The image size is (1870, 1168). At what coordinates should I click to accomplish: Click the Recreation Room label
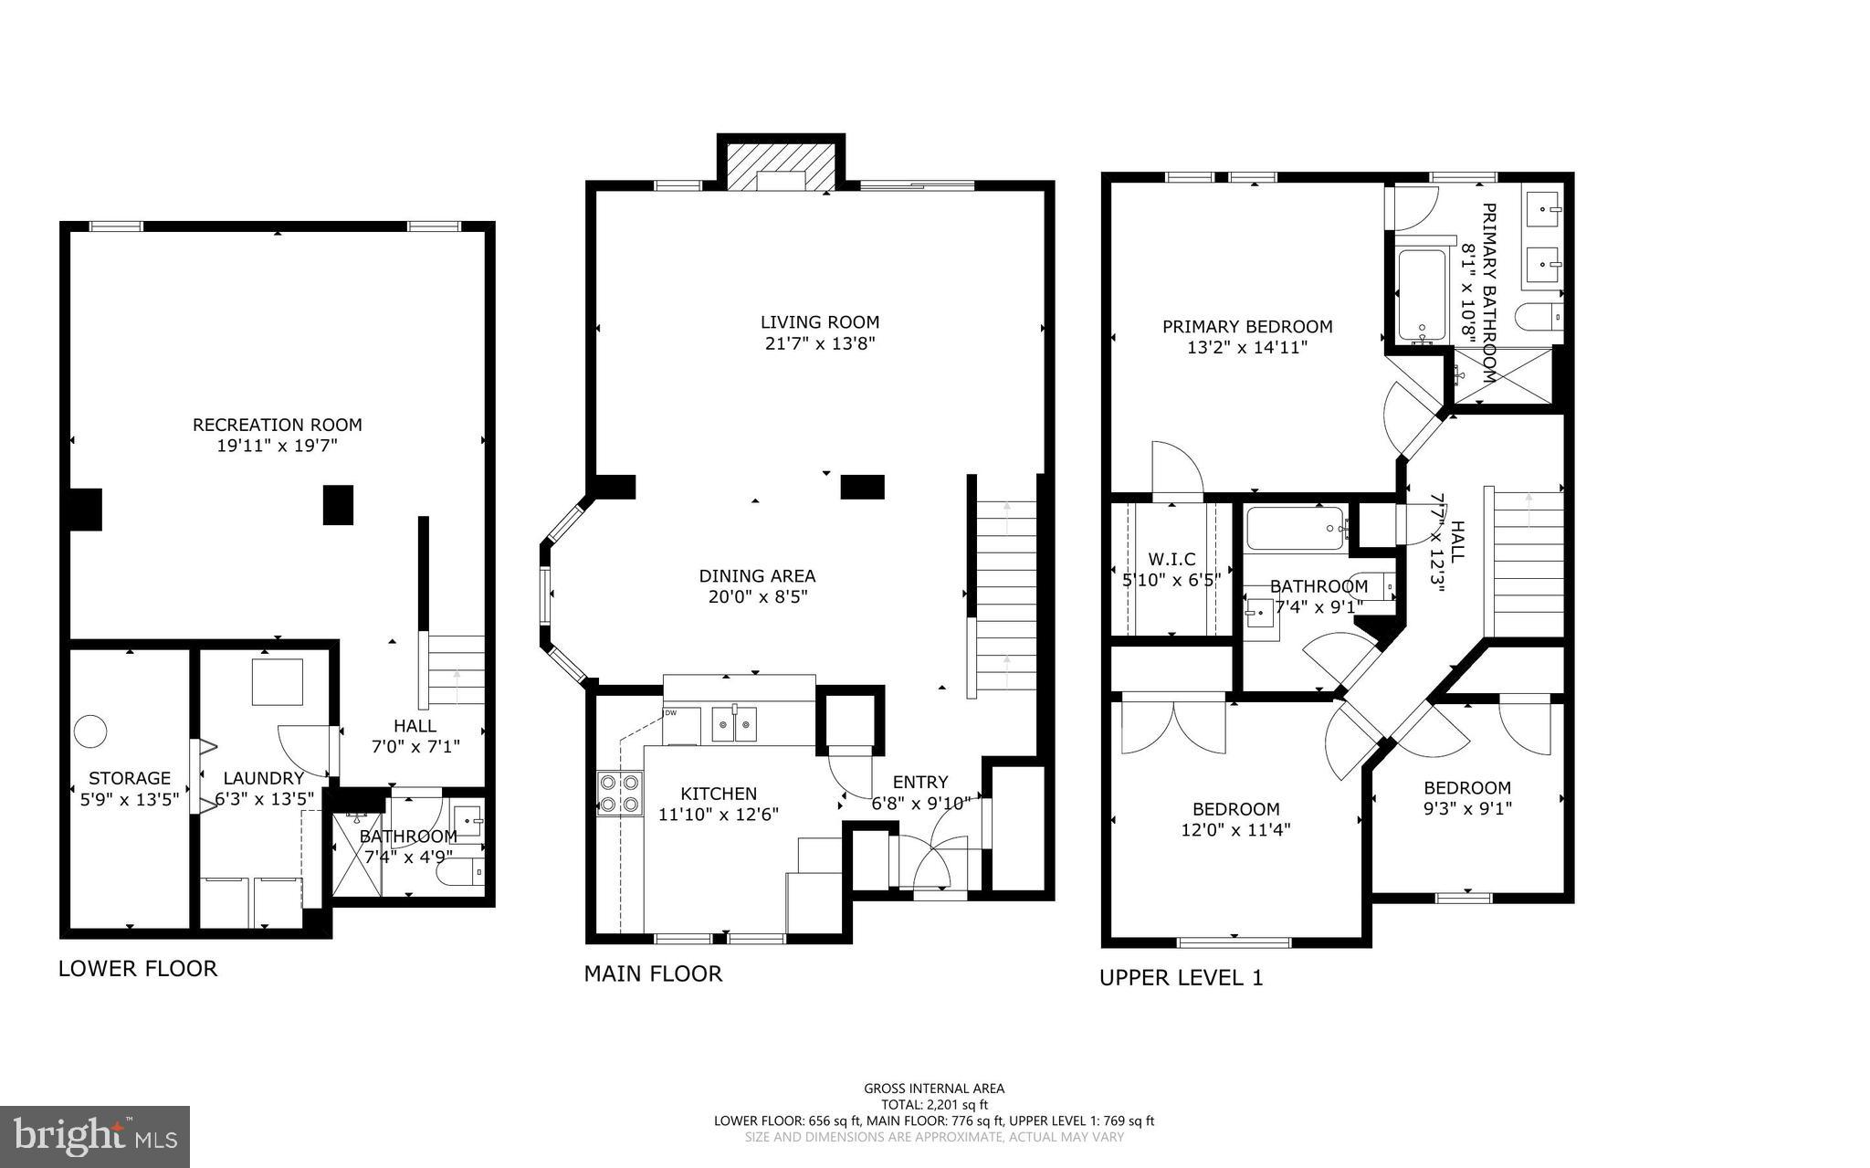(x=277, y=425)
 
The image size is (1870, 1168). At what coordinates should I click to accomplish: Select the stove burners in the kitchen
(x=618, y=793)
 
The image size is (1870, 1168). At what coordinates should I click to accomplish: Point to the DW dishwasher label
(x=670, y=713)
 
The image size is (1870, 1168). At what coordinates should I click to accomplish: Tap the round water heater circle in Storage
(x=90, y=731)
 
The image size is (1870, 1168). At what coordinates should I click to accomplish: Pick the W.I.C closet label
(x=1171, y=559)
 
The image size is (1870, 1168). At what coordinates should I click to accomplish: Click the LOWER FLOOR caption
(x=138, y=969)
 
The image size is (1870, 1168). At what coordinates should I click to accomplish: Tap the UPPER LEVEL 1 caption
(x=1181, y=978)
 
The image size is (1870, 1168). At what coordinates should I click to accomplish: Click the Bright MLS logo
(x=95, y=1136)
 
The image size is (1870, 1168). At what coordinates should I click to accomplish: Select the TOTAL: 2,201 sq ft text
(x=934, y=1104)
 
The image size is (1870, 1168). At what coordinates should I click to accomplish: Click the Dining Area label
(x=757, y=576)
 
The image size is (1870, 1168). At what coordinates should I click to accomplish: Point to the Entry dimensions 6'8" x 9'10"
(x=920, y=804)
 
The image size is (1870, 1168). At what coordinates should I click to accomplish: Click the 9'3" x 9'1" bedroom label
(x=1467, y=808)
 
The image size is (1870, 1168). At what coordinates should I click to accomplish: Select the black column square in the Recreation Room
(x=338, y=504)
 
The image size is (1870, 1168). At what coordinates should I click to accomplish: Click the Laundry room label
(x=263, y=778)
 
